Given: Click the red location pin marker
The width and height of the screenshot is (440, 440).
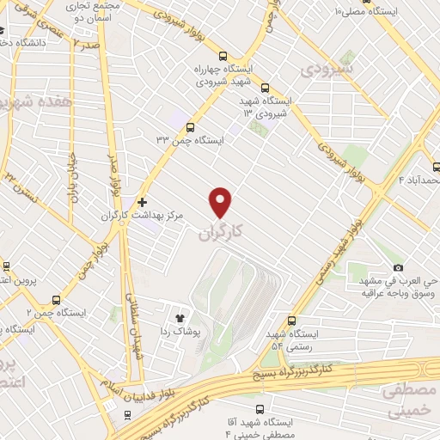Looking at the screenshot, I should [x=221, y=201].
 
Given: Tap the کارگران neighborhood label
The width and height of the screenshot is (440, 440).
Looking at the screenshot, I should [x=221, y=231].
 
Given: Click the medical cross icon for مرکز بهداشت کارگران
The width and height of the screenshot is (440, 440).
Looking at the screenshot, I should [x=142, y=201].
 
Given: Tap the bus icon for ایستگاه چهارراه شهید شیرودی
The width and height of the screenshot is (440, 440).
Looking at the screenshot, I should [x=223, y=53].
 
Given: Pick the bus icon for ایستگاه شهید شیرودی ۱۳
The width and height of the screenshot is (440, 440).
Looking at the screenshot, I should [x=265, y=87].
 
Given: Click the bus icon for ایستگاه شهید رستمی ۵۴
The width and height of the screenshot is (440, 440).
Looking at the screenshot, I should [x=291, y=319].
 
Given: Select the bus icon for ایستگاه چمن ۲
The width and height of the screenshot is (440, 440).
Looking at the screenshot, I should [x=56, y=300].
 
